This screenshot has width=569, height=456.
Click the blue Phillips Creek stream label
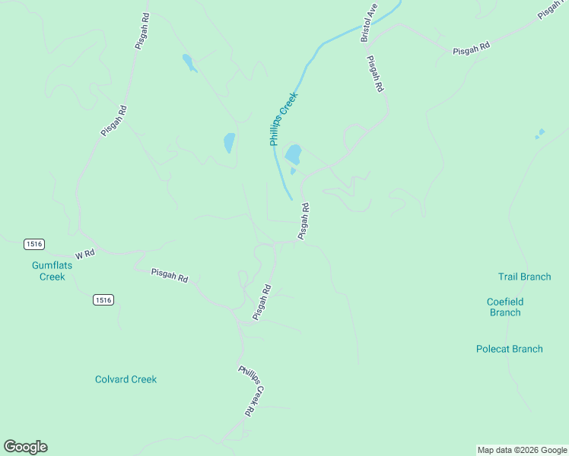click(x=281, y=119)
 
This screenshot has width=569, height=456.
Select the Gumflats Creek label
click(x=49, y=271)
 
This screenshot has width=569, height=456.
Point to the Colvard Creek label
click(x=126, y=379)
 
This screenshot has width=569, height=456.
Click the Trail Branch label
click(x=524, y=277)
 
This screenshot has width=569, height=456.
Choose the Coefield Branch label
click(x=505, y=307)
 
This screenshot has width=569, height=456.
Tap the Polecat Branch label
click(x=509, y=349)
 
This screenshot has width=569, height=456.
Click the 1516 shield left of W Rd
click(x=34, y=244)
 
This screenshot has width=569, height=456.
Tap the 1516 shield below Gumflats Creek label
click(x=103, y=300)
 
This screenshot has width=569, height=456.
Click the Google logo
click(x=25, y=447)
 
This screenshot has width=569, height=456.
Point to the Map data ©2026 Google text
click(x=522, y=450)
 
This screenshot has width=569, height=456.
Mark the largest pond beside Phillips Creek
click(x=293, y=155)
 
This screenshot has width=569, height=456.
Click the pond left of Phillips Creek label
click(x=228, y=142)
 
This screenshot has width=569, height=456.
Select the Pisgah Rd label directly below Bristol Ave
click(x=374, y=74)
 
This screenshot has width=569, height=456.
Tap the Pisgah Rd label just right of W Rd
click(x=169, y=275)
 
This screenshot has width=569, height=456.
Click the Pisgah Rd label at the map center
click(x=304, y=221)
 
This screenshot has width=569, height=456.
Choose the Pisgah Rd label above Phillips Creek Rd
click(x=262, y=302)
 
